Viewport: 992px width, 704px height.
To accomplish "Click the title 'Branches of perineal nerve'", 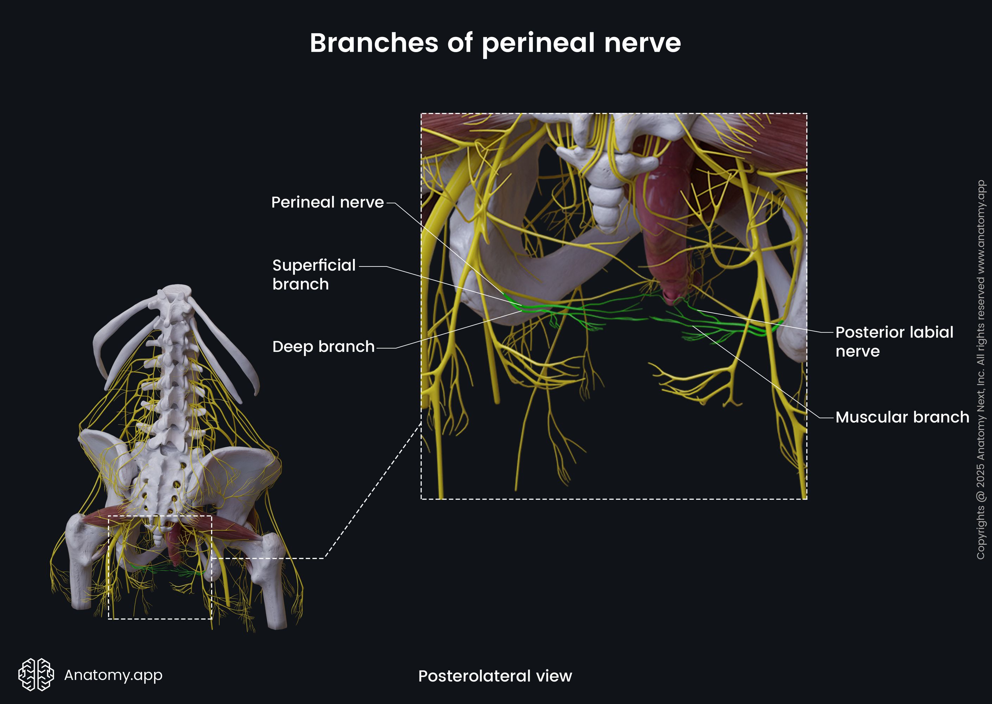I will [495, 43].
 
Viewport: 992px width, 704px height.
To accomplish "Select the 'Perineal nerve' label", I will [327, 202].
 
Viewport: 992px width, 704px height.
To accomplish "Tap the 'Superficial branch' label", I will [314, 275].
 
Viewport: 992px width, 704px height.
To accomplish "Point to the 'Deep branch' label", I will [323, 346].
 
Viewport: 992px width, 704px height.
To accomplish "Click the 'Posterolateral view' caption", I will [495, 676].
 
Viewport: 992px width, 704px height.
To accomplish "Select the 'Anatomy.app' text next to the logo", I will [113, 674].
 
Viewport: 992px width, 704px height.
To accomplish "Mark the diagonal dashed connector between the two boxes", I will [373, 490].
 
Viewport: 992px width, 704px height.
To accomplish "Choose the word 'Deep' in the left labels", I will [292, 346].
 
